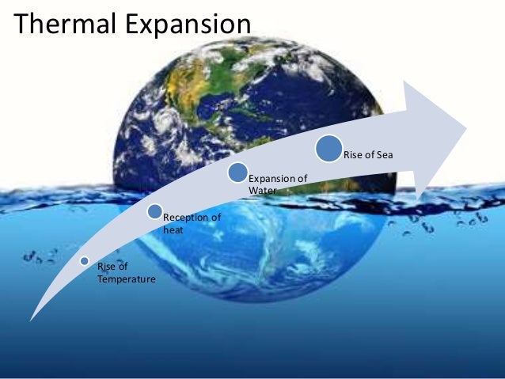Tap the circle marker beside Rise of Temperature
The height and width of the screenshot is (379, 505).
pos(85,261)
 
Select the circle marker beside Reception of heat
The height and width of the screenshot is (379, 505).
pos(155,211)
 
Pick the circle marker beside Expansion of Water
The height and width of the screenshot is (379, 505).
pos(237,172)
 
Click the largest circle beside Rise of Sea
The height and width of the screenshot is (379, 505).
pos(328,149)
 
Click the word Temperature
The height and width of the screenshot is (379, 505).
pos(126,279)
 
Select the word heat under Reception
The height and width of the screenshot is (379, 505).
pos(173,229)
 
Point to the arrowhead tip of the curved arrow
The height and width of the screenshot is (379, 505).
pos(466,124)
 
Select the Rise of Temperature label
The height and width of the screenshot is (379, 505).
pos(126,273)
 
